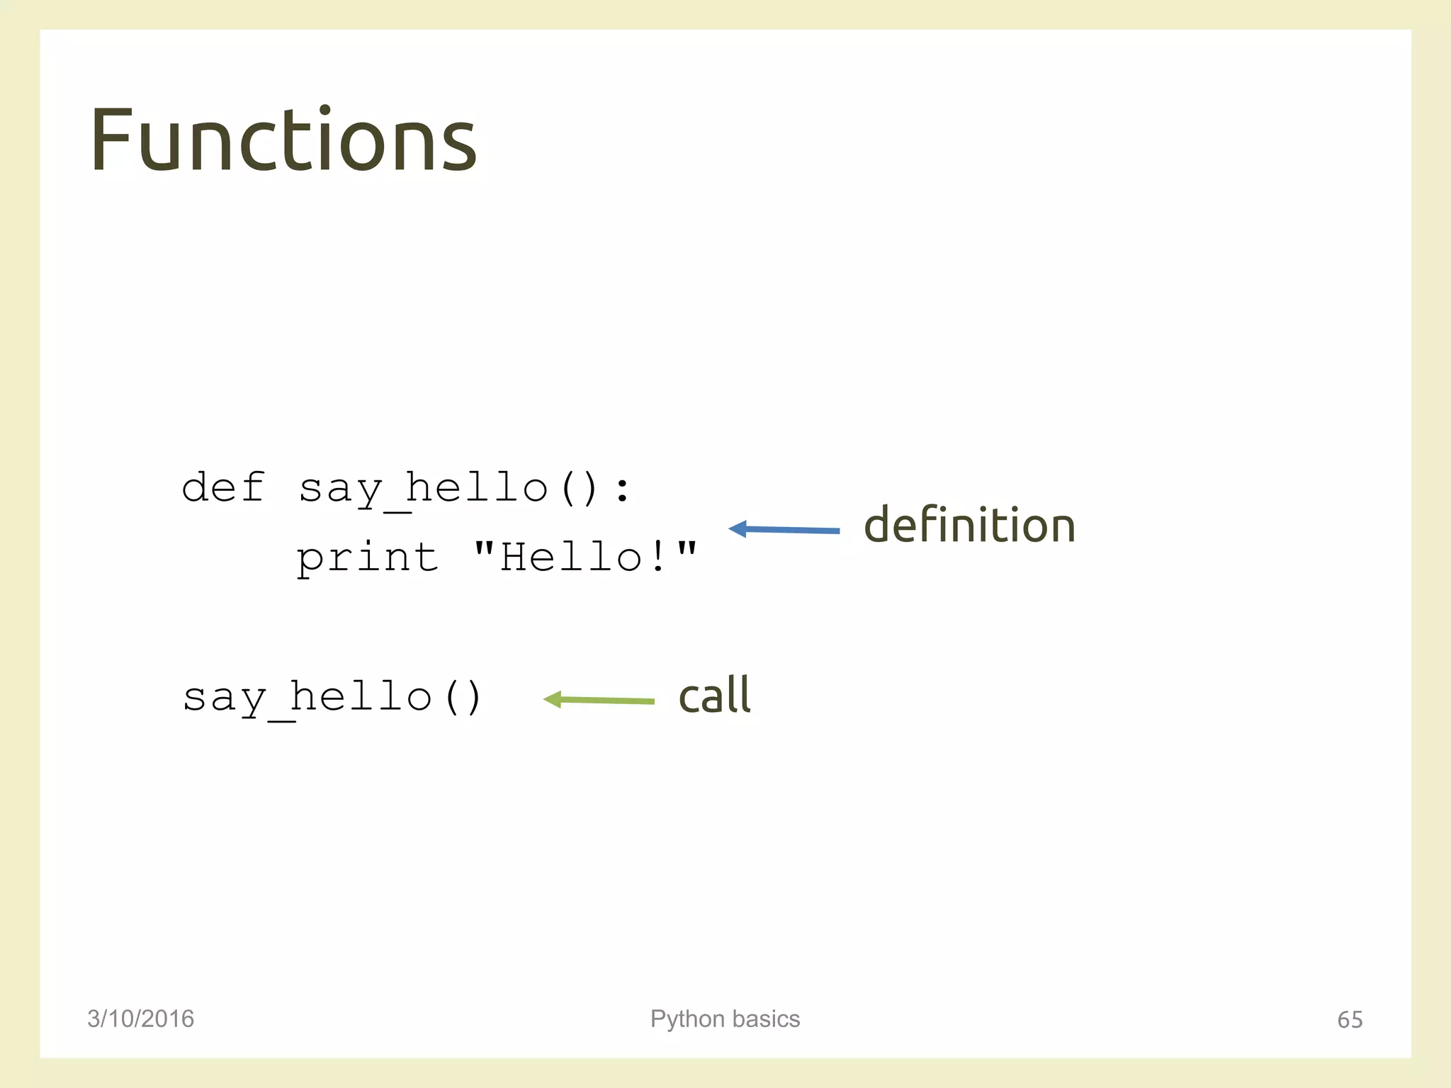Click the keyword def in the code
point(223,487)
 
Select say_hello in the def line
point(423,489)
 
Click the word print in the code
point(367,557)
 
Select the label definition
point(969,526)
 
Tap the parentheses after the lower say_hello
point(463,697)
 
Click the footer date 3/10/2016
point(140,1019)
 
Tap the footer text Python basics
point(725,1019)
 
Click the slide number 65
point(1349,1019)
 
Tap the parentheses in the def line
point(579,489)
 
